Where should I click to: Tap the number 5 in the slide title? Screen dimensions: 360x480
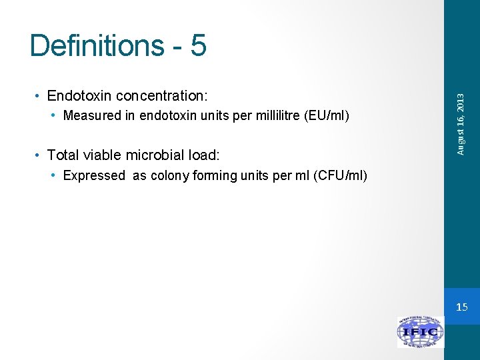198,45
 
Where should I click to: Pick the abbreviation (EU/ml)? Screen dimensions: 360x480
326,116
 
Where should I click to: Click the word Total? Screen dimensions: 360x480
63,155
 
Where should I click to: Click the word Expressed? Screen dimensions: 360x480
94,176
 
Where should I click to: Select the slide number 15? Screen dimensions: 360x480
462,307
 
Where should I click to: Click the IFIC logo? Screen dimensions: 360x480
421,332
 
